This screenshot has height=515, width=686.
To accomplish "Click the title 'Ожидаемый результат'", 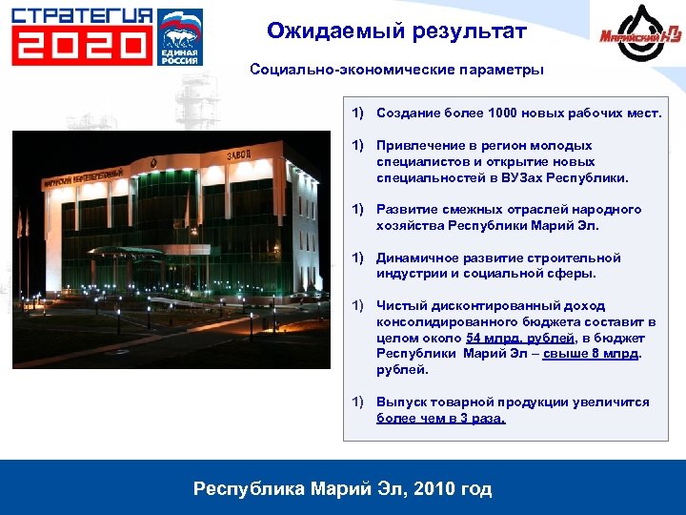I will tap(396, 31).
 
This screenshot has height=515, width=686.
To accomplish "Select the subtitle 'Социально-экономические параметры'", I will tap(397, 70).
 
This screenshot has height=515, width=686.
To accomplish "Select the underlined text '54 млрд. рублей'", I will tap(520, 338).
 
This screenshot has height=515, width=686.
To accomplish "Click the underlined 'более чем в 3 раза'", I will tap(441, 418).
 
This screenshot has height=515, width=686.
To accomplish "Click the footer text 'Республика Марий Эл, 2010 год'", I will tap(343, 489).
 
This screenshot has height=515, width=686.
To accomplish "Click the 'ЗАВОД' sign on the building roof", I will tap(241, 154).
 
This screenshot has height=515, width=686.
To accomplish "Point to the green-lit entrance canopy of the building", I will tap(124, 253).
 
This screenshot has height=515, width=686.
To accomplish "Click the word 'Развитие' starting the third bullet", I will tap(404, 209).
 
